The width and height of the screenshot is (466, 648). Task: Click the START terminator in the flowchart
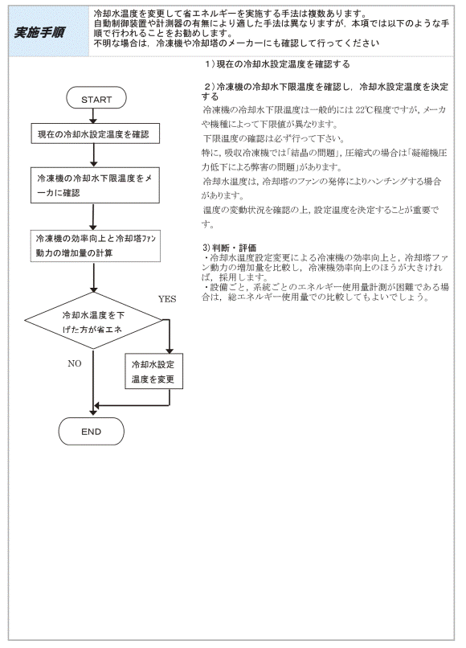96,98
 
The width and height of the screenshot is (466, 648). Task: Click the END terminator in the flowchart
92,432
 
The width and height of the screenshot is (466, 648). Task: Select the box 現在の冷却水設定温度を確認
95,133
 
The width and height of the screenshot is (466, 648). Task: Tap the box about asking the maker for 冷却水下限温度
95,185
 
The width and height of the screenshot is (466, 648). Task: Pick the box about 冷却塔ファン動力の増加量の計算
96,246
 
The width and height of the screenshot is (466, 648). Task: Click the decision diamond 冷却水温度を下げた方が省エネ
93,321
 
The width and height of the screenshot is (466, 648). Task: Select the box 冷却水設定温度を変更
153,371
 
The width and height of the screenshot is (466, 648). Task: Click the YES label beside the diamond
167,299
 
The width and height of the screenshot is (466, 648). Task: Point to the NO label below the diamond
75,363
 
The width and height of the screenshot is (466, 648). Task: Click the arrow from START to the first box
93,116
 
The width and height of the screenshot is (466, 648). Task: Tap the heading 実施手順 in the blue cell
39,32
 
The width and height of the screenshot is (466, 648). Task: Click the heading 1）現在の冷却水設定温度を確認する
277,64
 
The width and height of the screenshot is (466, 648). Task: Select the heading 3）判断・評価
229,248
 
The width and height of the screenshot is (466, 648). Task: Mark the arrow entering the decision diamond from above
94,277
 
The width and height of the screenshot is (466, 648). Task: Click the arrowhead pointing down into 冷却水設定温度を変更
169,350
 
